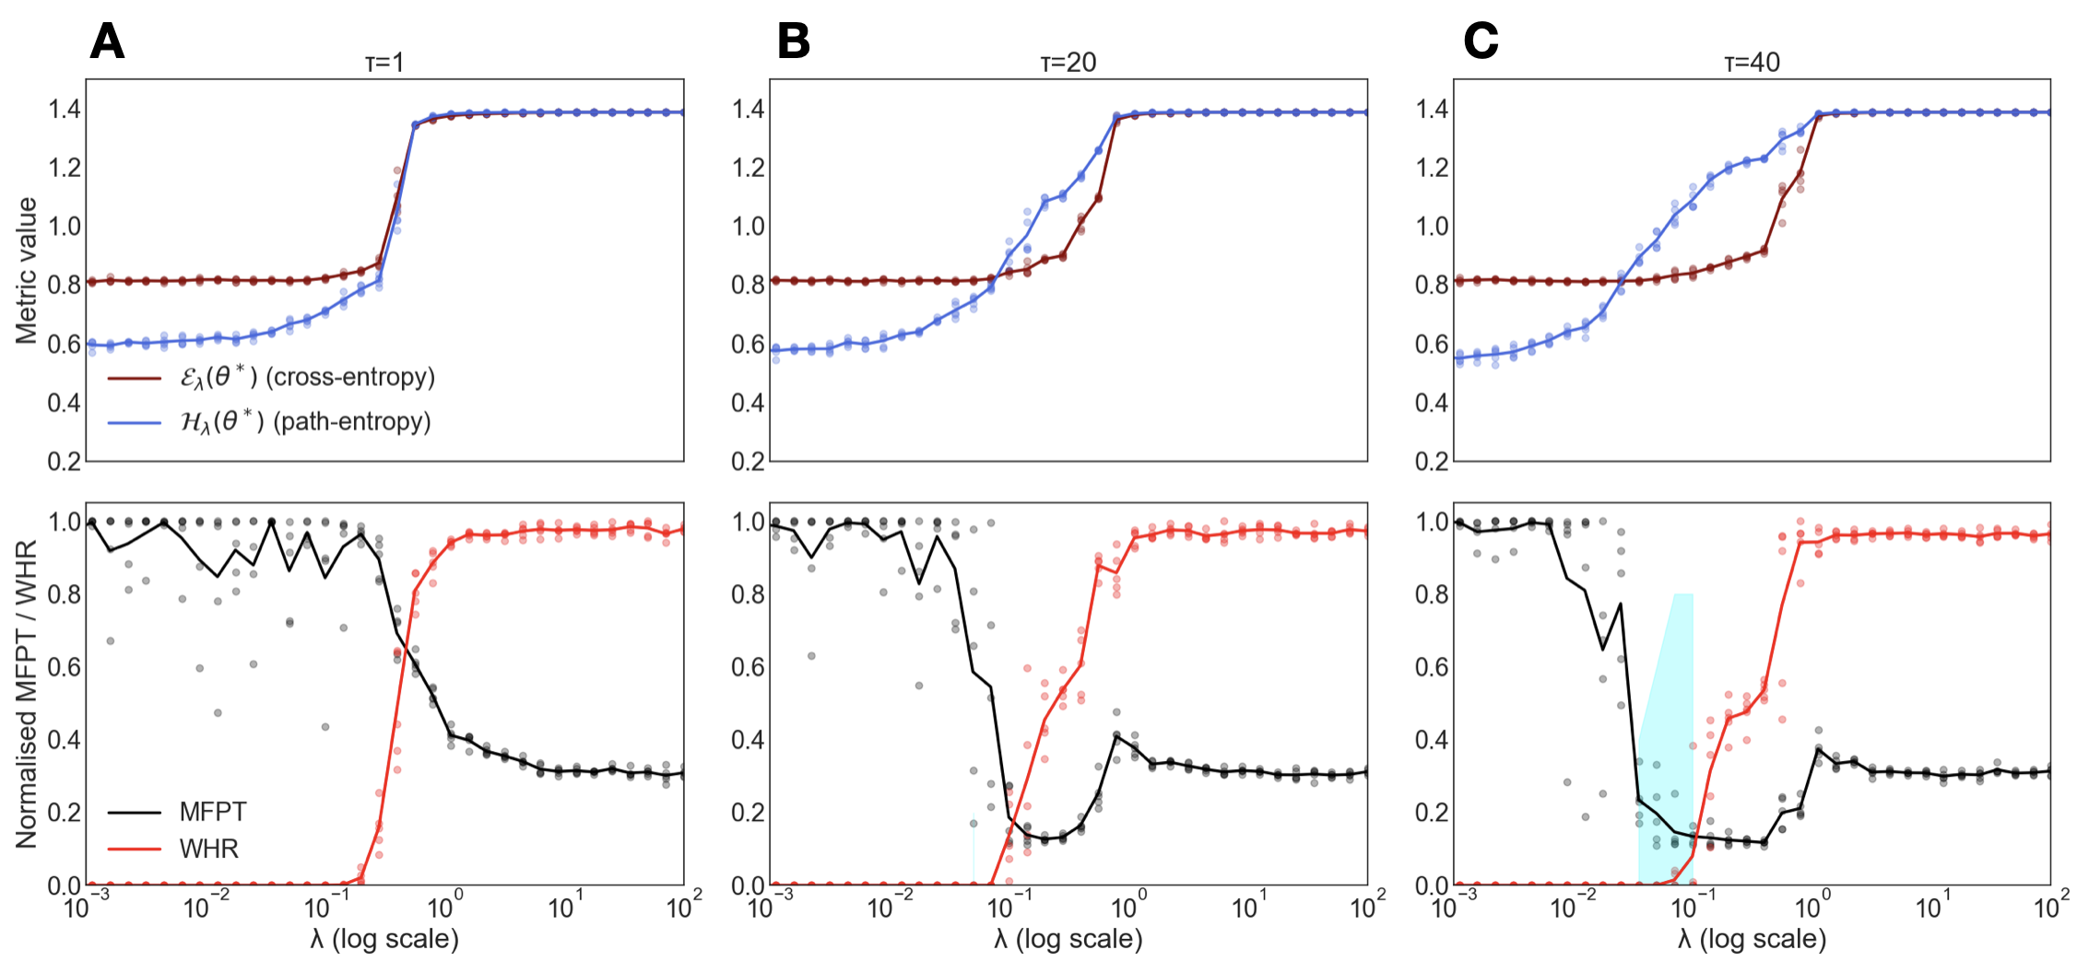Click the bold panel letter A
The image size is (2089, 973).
tap(107, 41)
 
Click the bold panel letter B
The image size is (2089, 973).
tap(793, 41)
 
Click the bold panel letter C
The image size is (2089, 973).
tap(1481, 41)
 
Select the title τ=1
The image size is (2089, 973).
tap(384, 63)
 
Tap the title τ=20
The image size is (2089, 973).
tap(1068, 63)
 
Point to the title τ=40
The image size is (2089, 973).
tap(1752, 63)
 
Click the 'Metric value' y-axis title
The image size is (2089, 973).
tap(27, 270)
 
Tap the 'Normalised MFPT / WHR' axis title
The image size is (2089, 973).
tap(27, 693)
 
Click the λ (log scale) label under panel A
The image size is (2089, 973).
tap(384, 939)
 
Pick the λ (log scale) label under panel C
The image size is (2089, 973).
tap(1752, 939)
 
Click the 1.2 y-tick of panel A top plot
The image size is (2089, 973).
tap(65, 168)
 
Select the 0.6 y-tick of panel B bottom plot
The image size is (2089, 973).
tap(749, 667)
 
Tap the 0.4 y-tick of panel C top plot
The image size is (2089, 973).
tap(1432, 403)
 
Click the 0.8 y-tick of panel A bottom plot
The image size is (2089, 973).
tap(65, 594)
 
